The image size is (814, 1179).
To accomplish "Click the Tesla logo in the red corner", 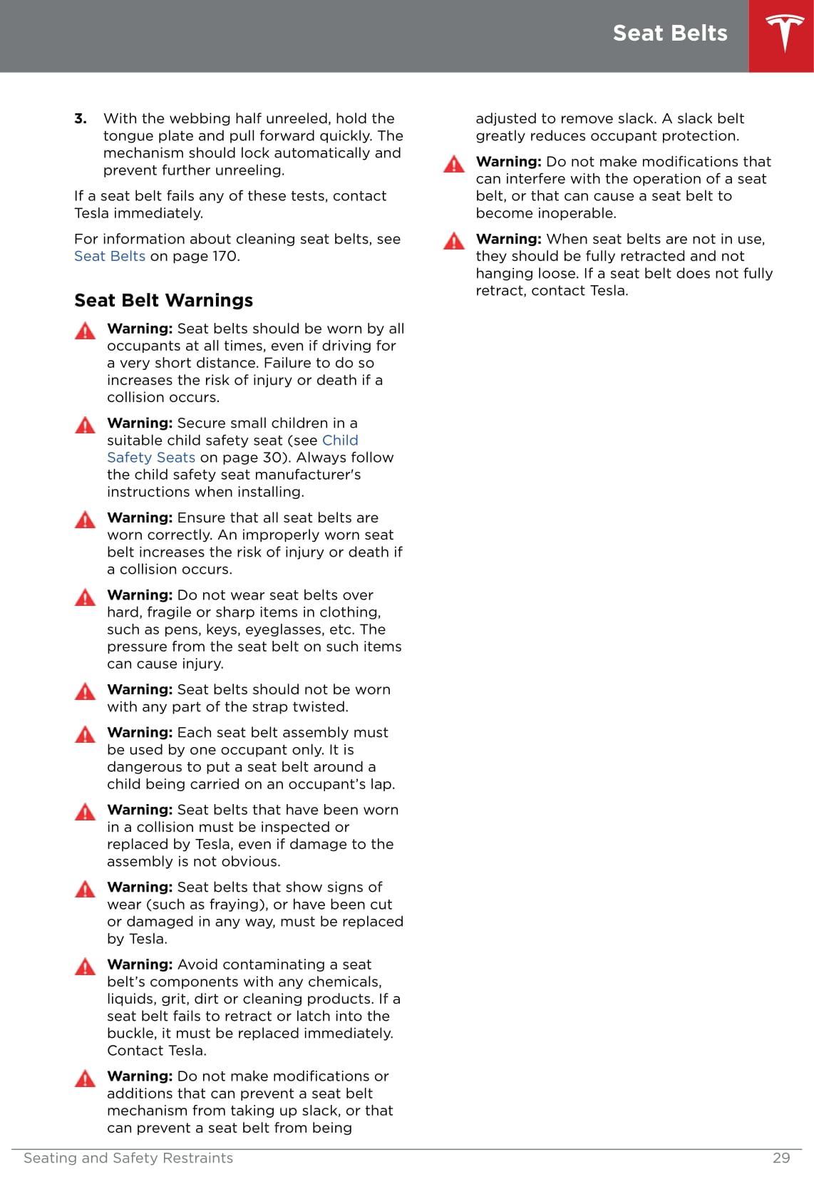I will click(784, 34).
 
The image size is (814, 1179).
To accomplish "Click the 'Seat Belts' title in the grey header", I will click(669, 34).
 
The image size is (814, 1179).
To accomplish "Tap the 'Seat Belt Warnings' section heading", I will click(163, 300).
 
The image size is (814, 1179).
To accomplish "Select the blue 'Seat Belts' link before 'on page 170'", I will click(110, 256).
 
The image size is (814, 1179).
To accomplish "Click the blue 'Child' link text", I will click(340, 441).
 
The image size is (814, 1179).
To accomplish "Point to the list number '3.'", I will click(81, 118).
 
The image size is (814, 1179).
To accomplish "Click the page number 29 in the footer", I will click(781, 1158).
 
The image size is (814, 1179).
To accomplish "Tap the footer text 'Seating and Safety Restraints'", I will click(128, 1158).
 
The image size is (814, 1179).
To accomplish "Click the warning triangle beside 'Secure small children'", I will click(85, 426).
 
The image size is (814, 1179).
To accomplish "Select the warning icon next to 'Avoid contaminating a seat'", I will click(85, 967).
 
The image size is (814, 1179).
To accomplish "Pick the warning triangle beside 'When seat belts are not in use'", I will click(454, 241).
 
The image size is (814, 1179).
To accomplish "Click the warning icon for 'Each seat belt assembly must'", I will click(85, 734).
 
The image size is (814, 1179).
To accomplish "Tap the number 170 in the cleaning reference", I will click(225, 256).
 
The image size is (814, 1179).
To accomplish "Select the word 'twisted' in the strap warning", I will click(321, 707).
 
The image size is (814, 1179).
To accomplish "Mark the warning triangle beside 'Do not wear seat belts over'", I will click(85, 597).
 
